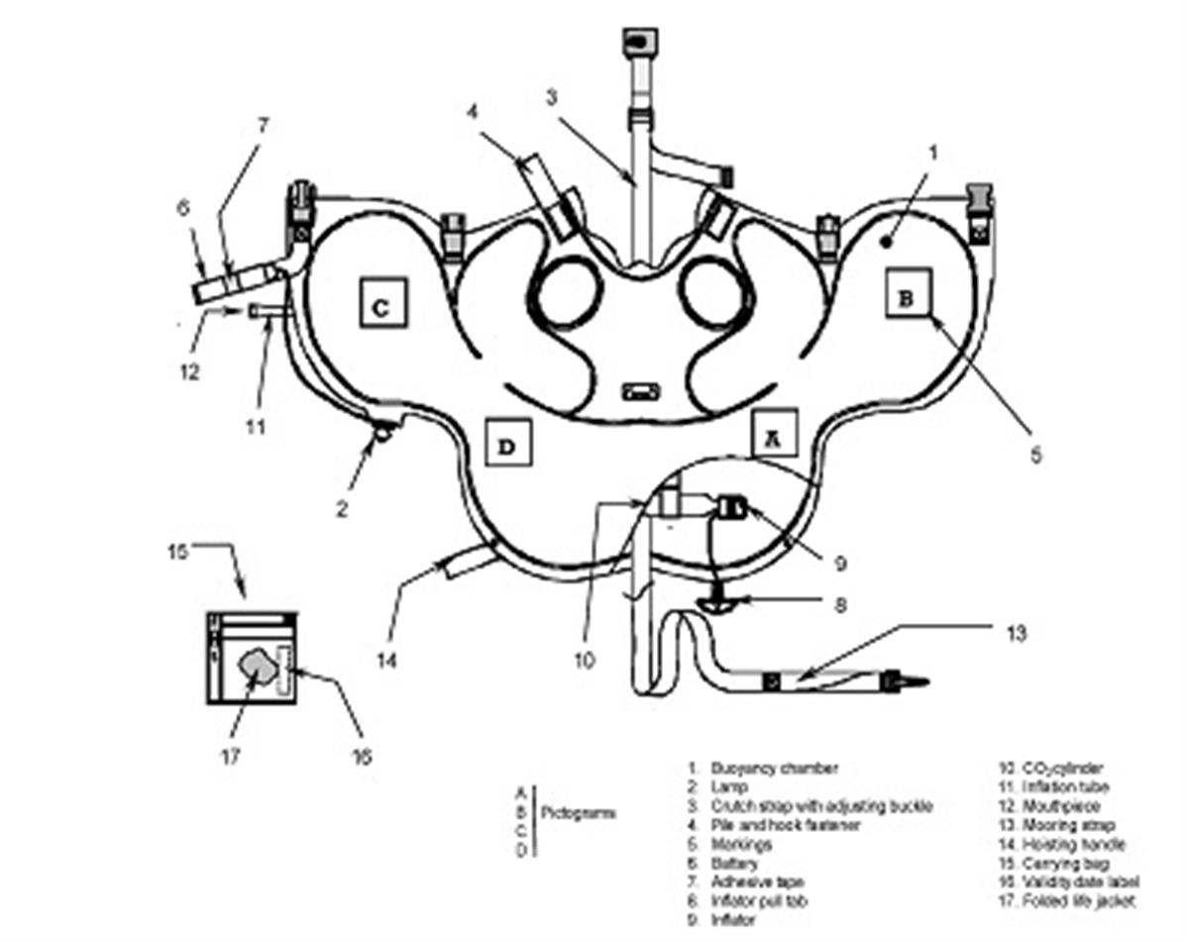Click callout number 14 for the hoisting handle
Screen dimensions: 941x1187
[387, 658]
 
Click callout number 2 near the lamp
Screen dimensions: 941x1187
[341, 509]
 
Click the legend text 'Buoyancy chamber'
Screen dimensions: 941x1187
[774, 768]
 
